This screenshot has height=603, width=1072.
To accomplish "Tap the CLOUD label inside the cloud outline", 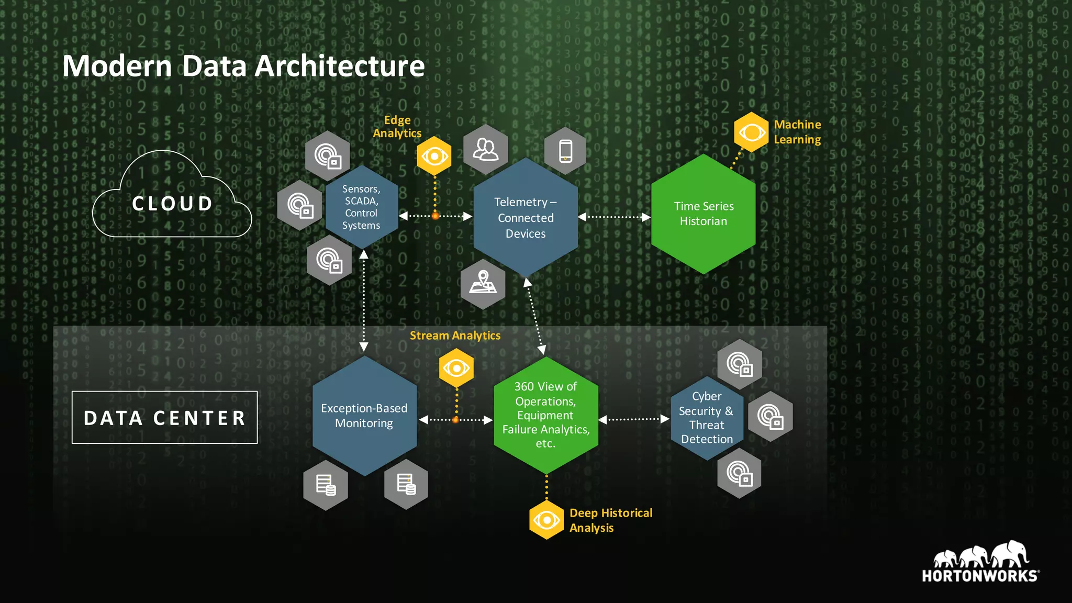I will point(172,204).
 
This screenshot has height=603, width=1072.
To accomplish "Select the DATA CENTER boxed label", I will point(164,418).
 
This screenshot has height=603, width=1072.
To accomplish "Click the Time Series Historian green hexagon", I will point(703,214).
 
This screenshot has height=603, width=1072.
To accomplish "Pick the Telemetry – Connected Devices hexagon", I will point(525,218).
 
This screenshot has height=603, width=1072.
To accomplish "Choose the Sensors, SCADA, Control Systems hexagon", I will point(361,207).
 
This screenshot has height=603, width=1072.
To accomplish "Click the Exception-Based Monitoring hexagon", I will point(364,416).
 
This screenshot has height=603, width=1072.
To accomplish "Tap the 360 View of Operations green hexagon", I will point(545,415).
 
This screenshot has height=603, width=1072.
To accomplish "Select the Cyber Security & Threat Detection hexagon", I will point(707,418).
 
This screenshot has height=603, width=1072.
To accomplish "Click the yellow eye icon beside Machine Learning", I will point(751,132).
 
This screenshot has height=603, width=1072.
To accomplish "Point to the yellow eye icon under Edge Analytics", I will point(434,156).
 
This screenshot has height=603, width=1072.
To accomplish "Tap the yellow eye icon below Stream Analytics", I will point(456,368).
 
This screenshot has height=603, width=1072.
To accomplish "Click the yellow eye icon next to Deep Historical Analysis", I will point(546,520).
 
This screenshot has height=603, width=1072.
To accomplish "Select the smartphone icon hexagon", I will point(565,151).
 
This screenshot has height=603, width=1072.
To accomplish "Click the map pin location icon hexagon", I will point(483,284).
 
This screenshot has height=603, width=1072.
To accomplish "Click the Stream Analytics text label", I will point(455,336).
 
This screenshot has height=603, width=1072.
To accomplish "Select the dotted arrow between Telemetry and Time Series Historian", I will point(614,217).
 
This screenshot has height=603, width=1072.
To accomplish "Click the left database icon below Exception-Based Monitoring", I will point(326,485).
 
